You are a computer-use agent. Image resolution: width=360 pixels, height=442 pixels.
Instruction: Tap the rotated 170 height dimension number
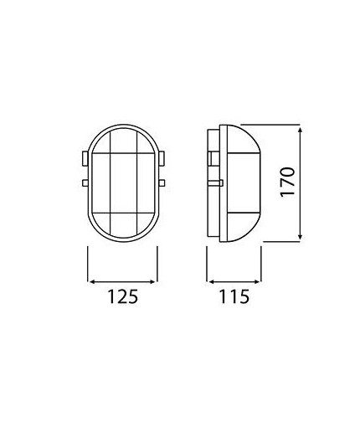pyautogui.click(x=287, y=183)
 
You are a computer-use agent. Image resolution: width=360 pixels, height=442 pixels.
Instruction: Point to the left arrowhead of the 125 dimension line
pyautogui.click(x=91, y=280)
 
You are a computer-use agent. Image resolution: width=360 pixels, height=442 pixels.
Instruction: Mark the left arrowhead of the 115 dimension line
pyautogui.click(x=211, y=280)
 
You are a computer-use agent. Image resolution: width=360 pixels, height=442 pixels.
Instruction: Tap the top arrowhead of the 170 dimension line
pyautogui.click(x=300, y=129)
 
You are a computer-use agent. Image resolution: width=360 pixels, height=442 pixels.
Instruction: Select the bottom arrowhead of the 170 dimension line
pyautogui.click(x=300, y=239)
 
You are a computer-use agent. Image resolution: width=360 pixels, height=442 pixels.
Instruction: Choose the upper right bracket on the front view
pyautogui.click(x=161, y=157)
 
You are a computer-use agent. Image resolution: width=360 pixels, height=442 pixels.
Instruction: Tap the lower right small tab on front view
pyautogui.click(x=161, y=182)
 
